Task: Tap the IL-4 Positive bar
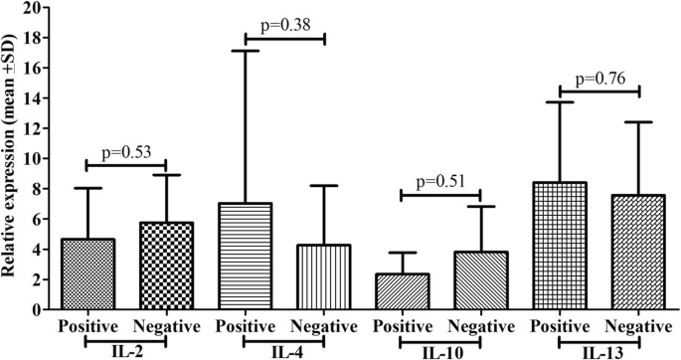point(244,257)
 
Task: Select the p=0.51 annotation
point(439,181)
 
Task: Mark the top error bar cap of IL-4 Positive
point(244,51)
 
